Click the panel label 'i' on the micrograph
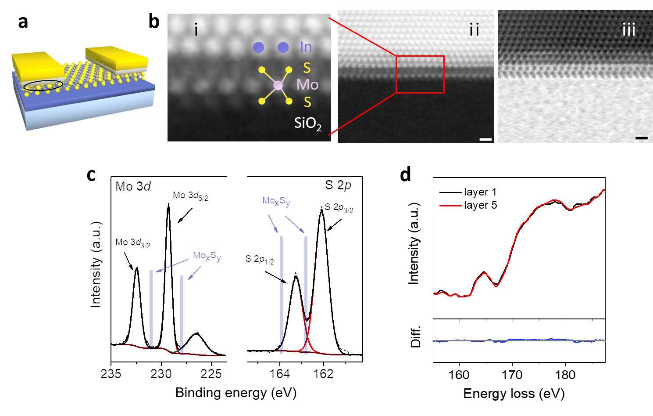click(x=196, y=30)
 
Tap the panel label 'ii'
click(x=474, y=30)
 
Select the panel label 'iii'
click(x=628, y=30)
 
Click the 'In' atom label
click(x=306, y=47)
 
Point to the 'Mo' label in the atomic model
click(x=307, y=84)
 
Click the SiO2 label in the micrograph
click(x=307, y=123)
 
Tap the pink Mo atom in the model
click(x=278, y=86)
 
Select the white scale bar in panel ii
click(x=485, y=139)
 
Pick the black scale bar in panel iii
click(x=641, y=138)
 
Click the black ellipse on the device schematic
click(x=43, y=85)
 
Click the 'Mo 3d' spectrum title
click(x=133, y=187)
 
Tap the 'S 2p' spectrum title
click(x=338, y=185)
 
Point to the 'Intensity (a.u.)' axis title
click(x=96, y=264)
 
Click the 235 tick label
click(x=111, y=374)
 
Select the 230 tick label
click(x=161, y=374)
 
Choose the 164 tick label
click(x=279, y=374)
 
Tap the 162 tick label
click(x=323, y=374)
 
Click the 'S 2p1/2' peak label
click(x=260, y=260)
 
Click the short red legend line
click(x=450, y=206)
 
